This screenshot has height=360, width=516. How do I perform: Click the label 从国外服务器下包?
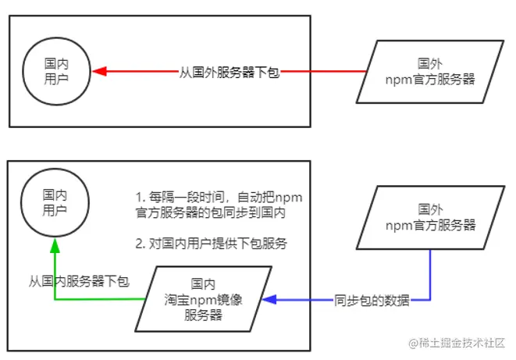229,72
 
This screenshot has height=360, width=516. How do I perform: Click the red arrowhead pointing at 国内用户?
99,72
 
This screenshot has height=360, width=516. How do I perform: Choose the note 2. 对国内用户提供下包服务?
212,244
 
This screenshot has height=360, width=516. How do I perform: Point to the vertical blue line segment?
430,273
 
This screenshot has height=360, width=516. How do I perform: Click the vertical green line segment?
55,273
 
